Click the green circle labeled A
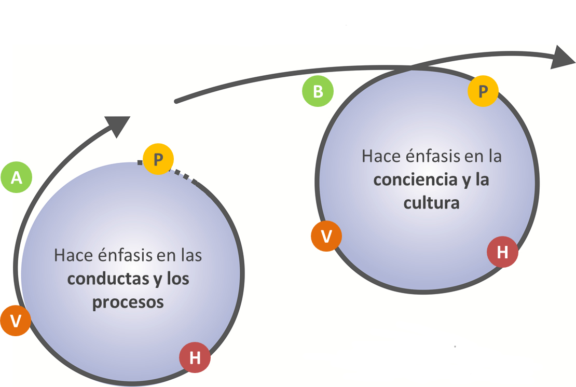pyautogui.click(x=17, y=178)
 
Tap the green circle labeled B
pyautogui.click(x=318, y=91)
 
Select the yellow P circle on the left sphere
pyautogui.click(x=158, y=159)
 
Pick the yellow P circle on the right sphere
pyautogui.click(x=483, y=91)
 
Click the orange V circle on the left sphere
pyautogui.click(x=16, y=321)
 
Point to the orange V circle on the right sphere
pyautogui.click(x=326, y=236)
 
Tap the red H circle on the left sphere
pyautogui.click(x=195, y=357)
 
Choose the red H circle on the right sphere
pyautogui.click(x=502, y=252)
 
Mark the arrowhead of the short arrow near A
pyautogui.click(x=119, y=125)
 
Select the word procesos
pyautogui.click(x=128, y=302)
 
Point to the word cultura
pyautogui.click(x=432, y=202)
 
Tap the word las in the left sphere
pyautogui.click(x=190, y=256)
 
